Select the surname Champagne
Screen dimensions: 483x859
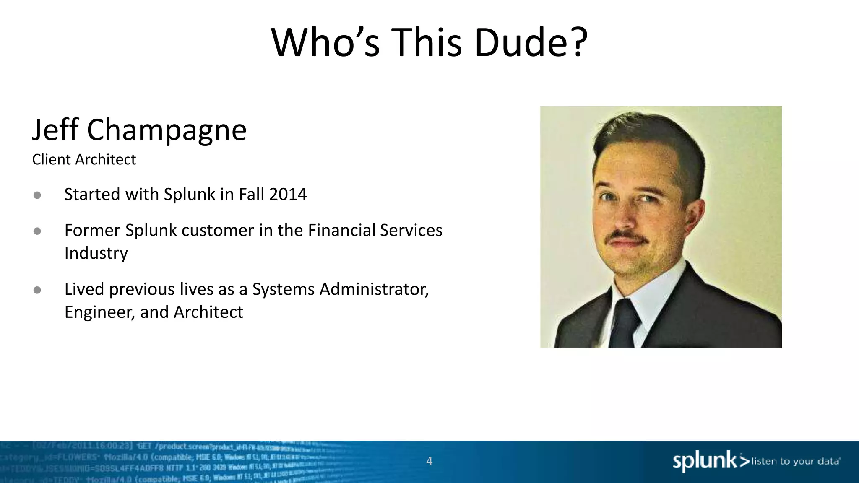tap(167, 130)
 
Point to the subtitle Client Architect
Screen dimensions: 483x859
tap(84, 160)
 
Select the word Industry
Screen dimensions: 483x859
tap(96, 253)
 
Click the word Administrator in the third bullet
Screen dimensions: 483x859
tap(374, 289)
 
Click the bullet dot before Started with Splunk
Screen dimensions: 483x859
tap(37, 195)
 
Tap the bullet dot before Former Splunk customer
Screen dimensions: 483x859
tap(37, 231)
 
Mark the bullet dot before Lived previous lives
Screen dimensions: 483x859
tap(37, 290)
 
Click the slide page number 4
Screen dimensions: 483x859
tap(429, 461)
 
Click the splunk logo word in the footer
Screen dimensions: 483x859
tap(704, 461)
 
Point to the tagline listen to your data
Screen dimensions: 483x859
tap(795, 462)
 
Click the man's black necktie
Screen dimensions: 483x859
tap(624, 325)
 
